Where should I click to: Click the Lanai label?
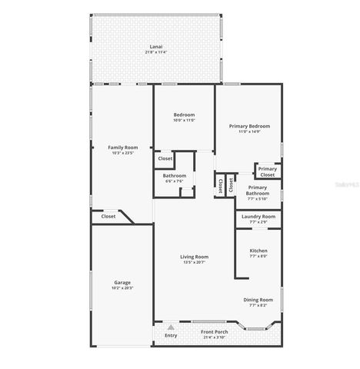156,47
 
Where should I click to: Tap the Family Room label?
122,147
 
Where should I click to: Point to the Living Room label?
195,257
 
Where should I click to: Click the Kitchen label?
258,251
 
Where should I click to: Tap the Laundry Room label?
258,217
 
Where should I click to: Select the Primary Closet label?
267,171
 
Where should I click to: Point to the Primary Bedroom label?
249,125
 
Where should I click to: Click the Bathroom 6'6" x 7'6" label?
175,176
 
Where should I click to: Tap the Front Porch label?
213,331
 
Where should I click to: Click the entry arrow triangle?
171,327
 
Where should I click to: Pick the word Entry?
171,335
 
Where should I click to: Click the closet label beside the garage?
108,217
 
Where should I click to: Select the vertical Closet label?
221,185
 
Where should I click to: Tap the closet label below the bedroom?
165,159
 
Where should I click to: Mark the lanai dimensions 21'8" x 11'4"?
156,52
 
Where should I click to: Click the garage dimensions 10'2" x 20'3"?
122,288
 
